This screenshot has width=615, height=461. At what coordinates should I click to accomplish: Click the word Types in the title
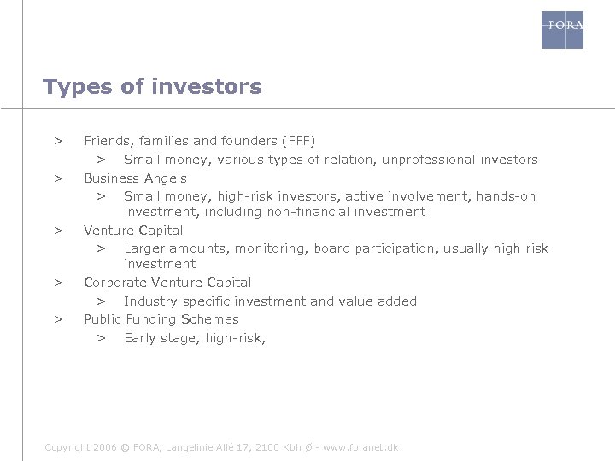72,87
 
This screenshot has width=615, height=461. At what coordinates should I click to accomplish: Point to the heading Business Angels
135,178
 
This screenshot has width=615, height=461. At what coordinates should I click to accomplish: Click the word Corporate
115,283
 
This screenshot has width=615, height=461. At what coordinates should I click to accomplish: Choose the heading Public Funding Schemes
161,319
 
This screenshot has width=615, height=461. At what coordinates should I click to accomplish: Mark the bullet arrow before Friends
58,140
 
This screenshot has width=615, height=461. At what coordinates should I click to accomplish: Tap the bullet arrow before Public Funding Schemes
58,319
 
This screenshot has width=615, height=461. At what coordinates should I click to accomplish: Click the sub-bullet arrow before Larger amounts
100,248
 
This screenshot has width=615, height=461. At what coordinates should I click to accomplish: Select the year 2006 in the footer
103,447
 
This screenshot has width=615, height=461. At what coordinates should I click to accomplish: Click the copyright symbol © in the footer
126,447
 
